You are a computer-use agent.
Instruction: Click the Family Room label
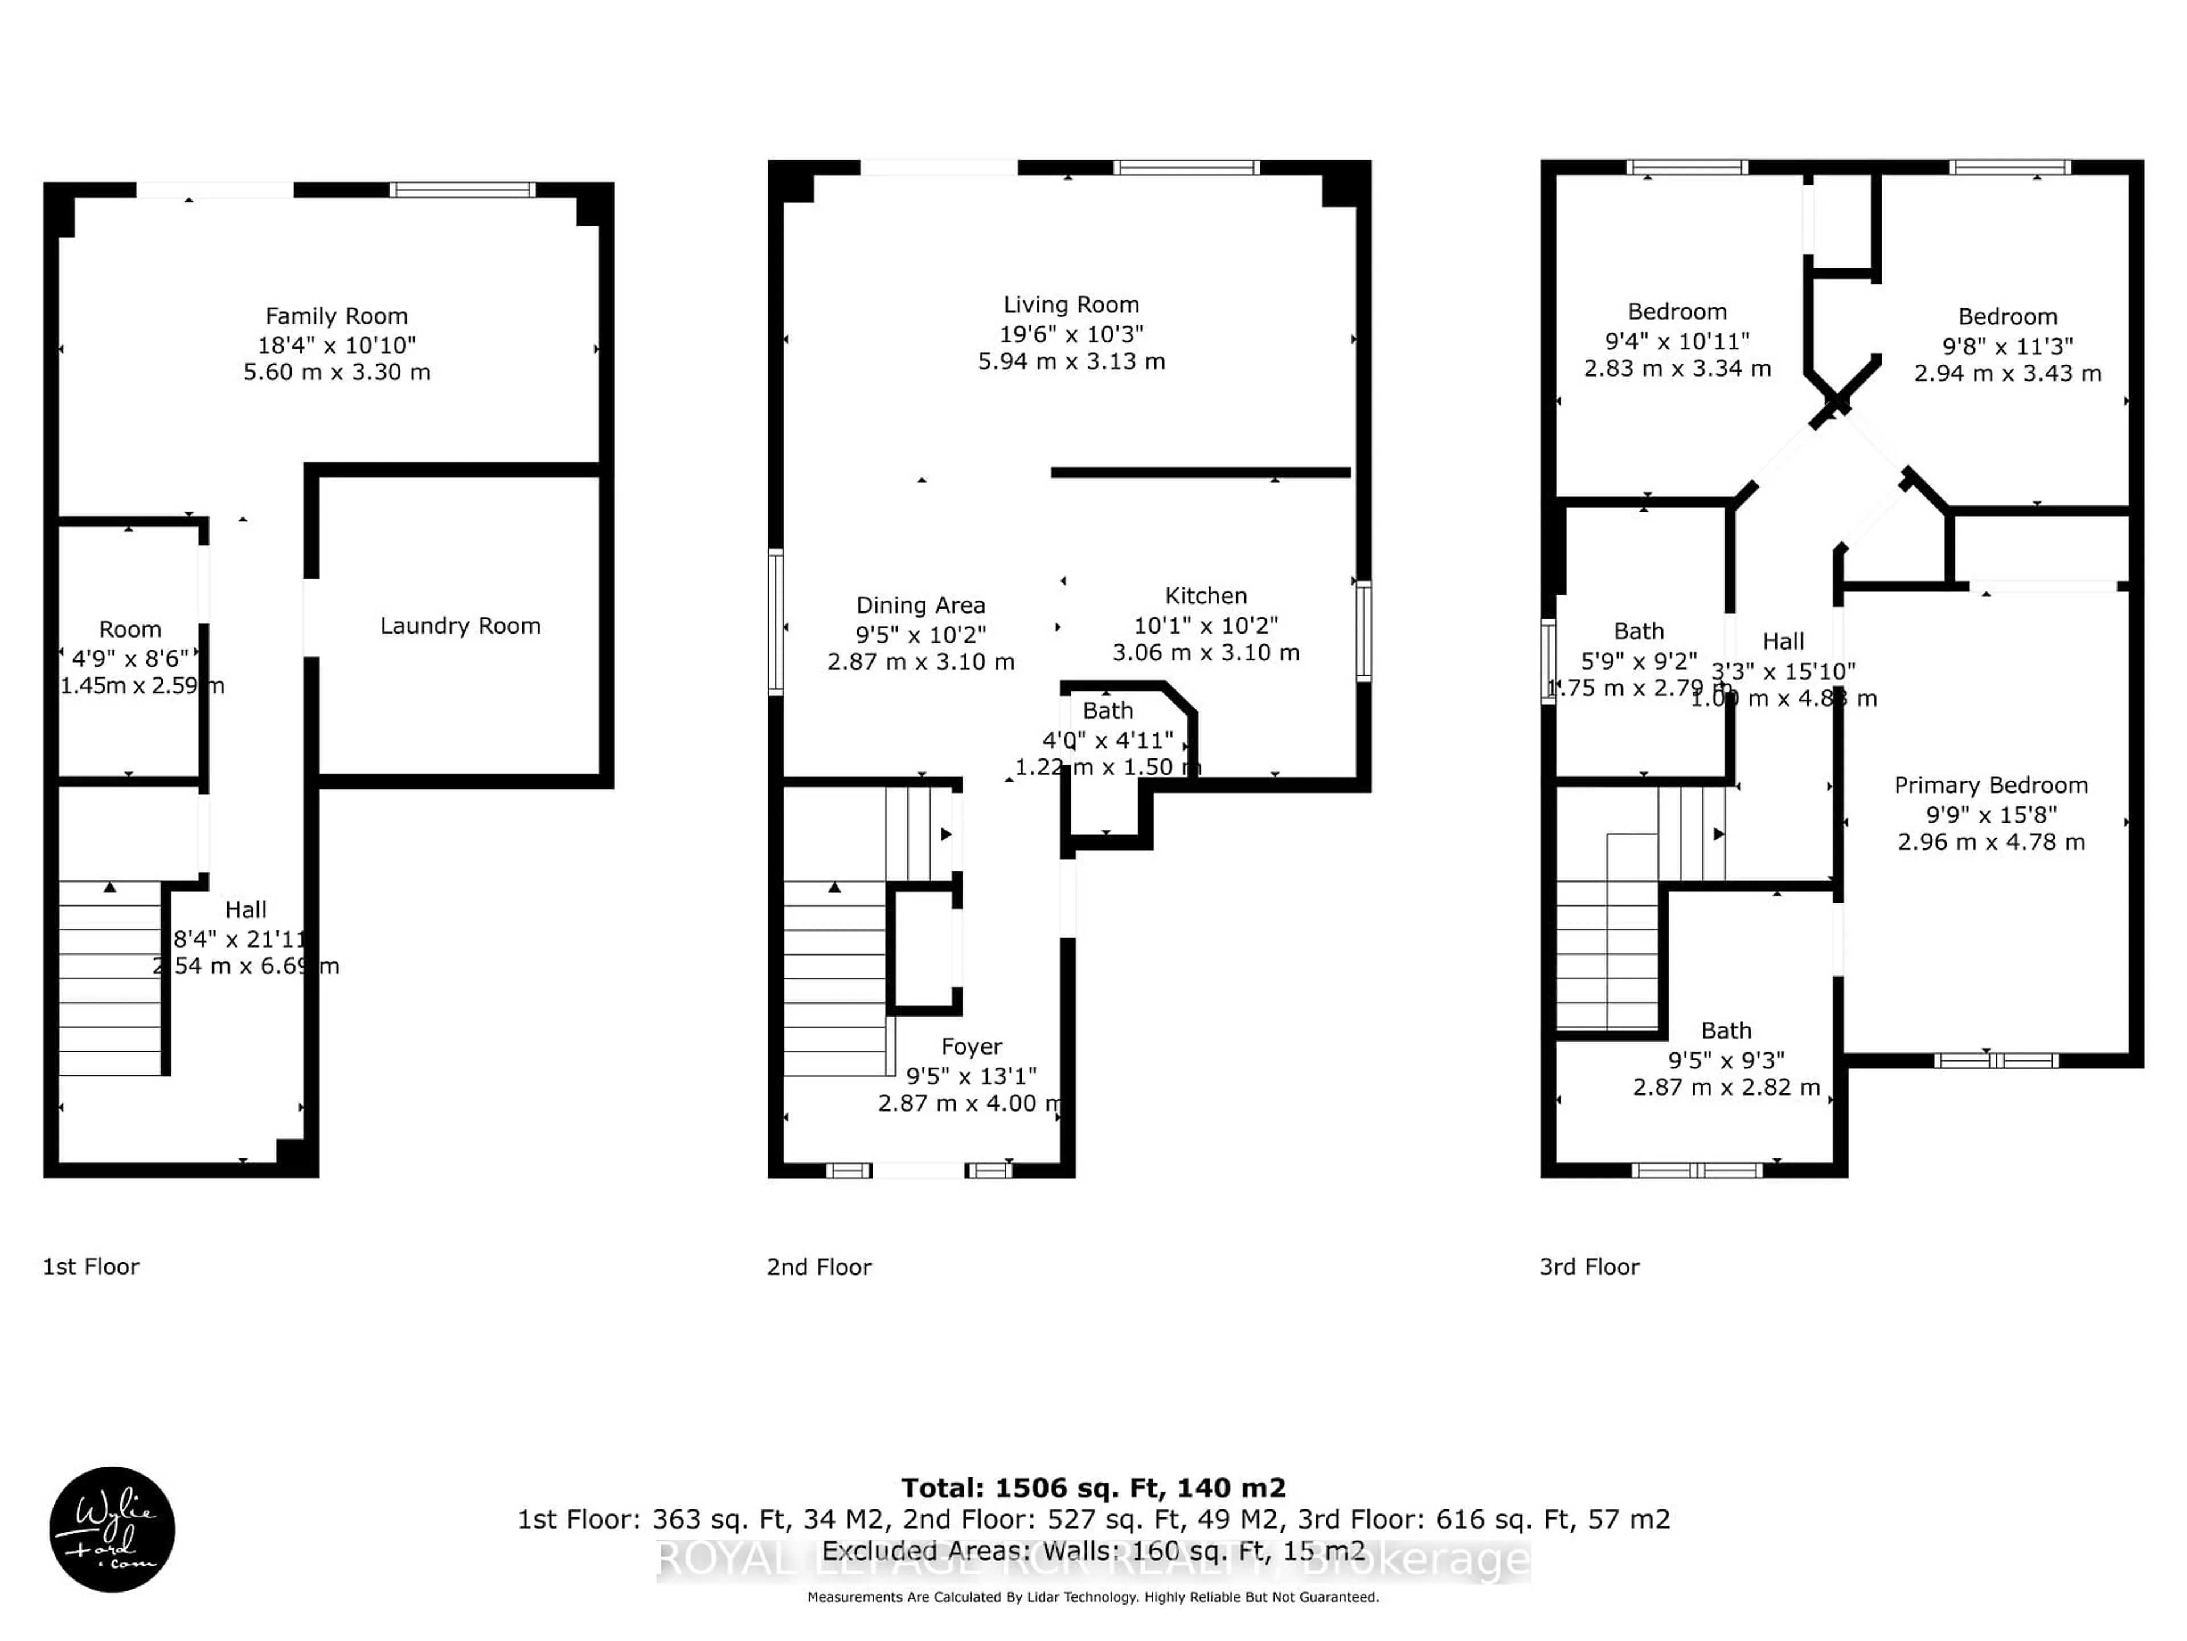point(336,317)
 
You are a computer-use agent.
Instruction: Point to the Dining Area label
point(920,605)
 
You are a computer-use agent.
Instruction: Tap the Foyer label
point(971,1047)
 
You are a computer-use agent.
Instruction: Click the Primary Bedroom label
point(1991,785)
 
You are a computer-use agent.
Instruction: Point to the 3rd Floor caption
point(1589,1267)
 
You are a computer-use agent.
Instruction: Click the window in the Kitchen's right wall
point(1363,631)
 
